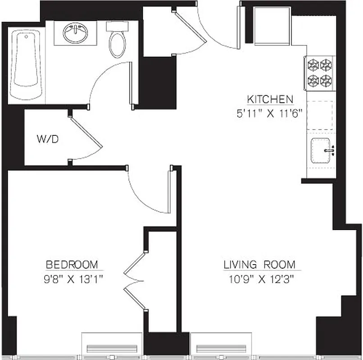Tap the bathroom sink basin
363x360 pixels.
tap(75, 33)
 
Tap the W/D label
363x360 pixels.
tap(47, 139)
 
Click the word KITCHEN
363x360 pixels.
tap(270, 99)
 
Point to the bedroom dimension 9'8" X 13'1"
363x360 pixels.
tap(72, 279)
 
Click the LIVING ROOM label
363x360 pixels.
tap(259, 264)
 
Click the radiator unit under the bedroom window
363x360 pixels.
tap(112, 349)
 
